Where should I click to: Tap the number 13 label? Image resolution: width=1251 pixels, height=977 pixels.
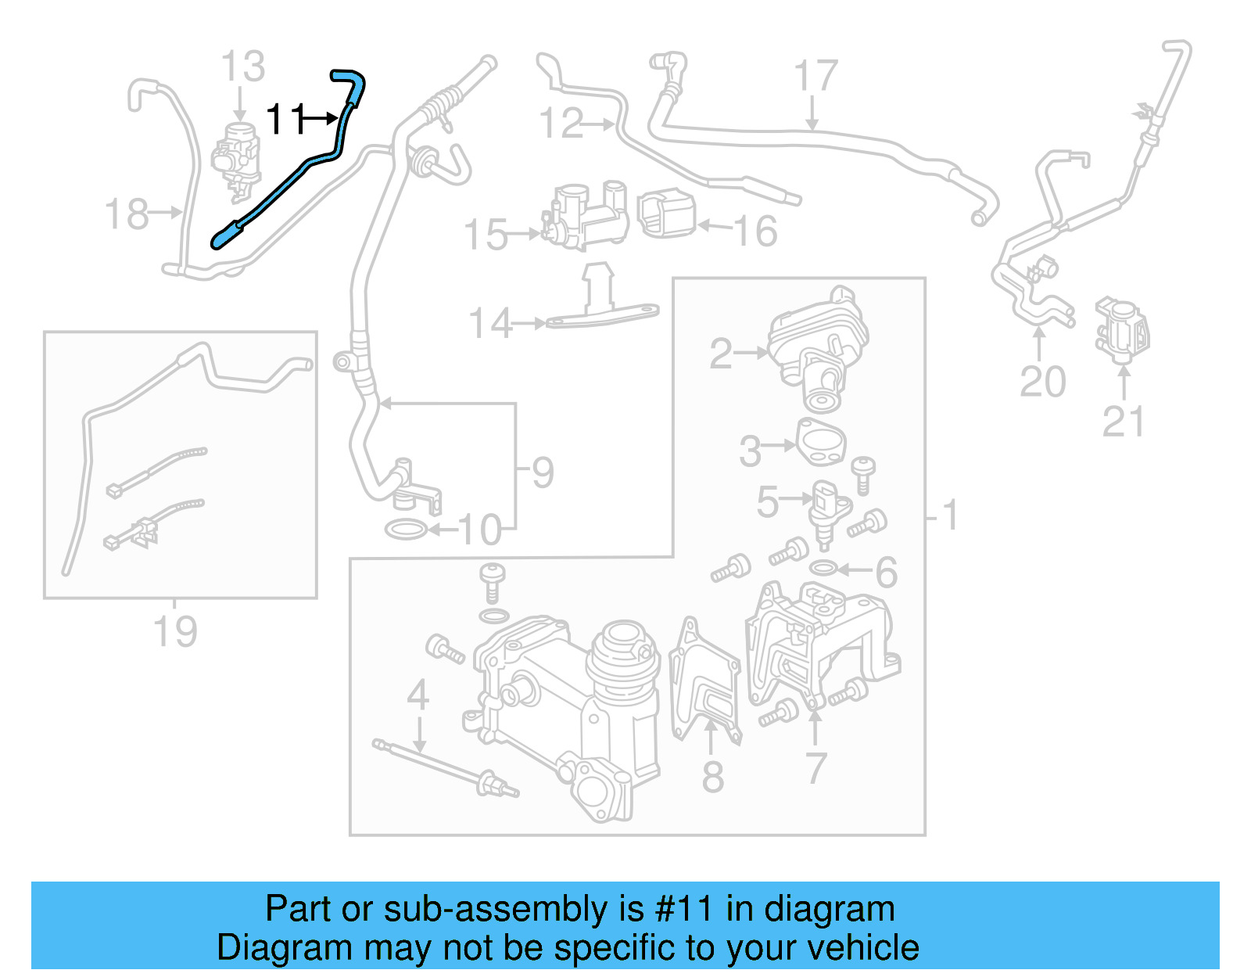click(x=242, y=66)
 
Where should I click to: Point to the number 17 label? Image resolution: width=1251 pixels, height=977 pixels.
click(x=815, y=76)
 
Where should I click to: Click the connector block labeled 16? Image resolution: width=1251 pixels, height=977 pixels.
click(x=667, y=214)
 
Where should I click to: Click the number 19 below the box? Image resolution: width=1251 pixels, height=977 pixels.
click(x=175, y=631)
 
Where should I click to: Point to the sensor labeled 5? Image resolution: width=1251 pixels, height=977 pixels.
click(x=825, y=508)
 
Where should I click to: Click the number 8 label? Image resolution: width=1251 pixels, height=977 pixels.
click(x=712, y=776)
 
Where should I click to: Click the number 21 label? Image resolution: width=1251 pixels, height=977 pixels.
click(x=1123, y=422)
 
